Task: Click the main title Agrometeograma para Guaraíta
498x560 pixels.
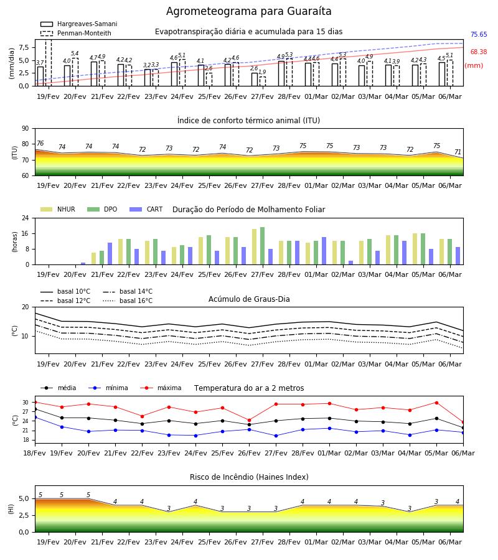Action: (x=248, y=11)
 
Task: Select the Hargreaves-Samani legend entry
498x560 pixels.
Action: (x=78, y=24)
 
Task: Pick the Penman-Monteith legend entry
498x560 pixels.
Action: (x=76, y=33)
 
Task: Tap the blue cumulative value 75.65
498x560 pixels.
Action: (x=479, y=35)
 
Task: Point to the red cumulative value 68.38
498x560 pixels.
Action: (x=479, y=52)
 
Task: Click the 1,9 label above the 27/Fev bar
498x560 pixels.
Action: (x=262, y=72)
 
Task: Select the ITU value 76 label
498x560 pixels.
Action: (x=40, y=143)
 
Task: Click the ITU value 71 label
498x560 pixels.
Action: (x=458, y=152)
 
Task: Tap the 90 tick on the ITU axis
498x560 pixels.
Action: (x=26, y=129)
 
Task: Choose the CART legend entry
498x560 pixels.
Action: (x=146, y=209)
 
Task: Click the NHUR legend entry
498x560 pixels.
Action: (x=58, y=209)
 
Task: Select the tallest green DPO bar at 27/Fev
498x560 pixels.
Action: (x=262, y=246)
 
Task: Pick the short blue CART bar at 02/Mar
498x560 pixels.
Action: (x=351, y=263)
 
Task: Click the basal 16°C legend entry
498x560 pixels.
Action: (x=128, y=301)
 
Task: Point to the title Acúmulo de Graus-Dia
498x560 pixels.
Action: (x=249, y=299)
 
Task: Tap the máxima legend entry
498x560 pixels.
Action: (x=161, y=388)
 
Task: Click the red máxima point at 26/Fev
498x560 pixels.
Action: (x=250, y=421)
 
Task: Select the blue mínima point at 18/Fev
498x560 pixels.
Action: (x=35, y=417)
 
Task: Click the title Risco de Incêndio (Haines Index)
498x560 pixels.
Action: (x=249, y=477)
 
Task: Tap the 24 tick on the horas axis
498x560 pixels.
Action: (x=26, y=218)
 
